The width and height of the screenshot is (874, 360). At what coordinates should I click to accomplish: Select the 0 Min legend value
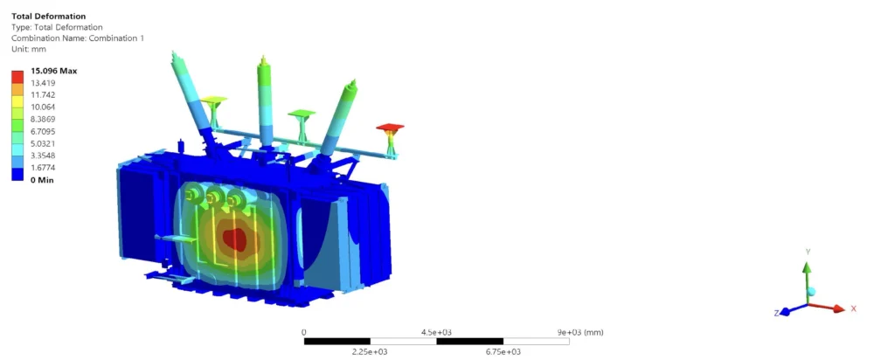42,180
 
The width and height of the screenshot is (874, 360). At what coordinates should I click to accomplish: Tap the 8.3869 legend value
42,119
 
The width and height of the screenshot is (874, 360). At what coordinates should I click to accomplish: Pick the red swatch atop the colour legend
17,77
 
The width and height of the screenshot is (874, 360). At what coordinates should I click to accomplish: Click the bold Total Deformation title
48,16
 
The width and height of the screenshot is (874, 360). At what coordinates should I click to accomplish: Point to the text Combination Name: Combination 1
78,38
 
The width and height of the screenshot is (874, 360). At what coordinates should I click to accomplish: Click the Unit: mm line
29,49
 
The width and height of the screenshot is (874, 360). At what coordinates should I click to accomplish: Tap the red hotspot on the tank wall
234,239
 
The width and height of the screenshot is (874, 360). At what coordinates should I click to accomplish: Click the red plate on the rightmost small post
390,128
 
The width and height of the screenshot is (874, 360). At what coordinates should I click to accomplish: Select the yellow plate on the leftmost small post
214,100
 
